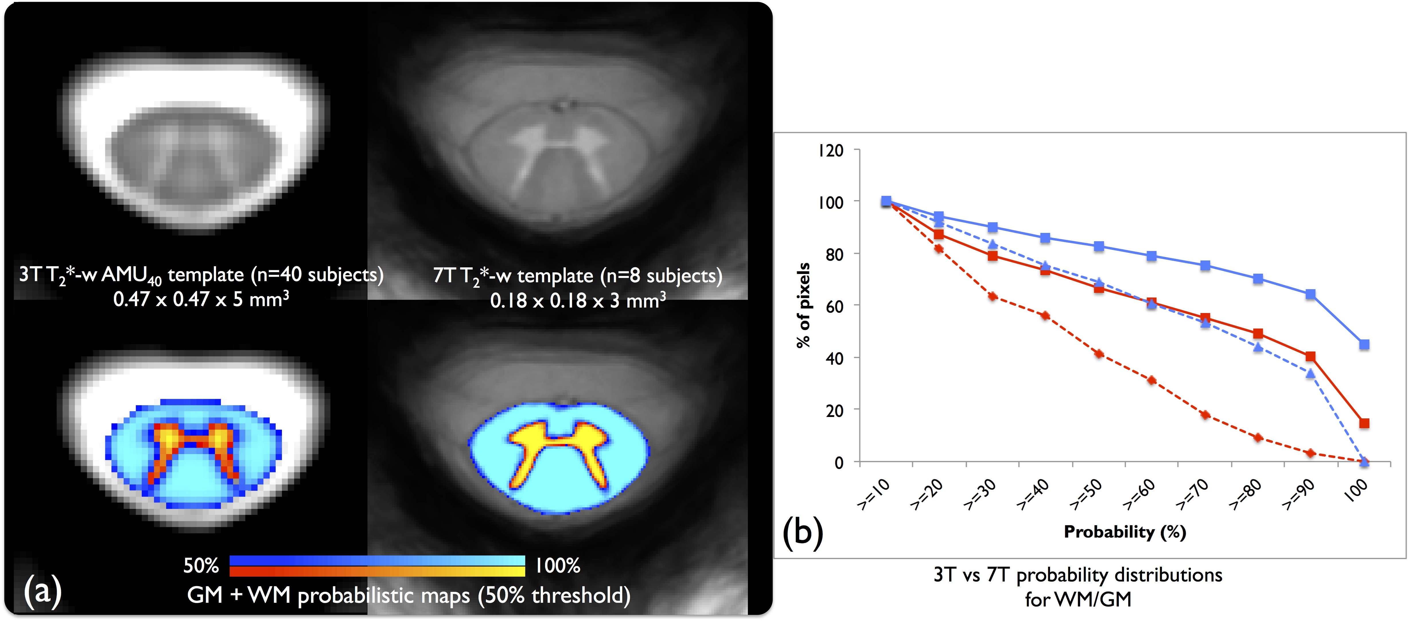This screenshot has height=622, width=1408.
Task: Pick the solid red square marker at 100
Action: [x=1364, y=423]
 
